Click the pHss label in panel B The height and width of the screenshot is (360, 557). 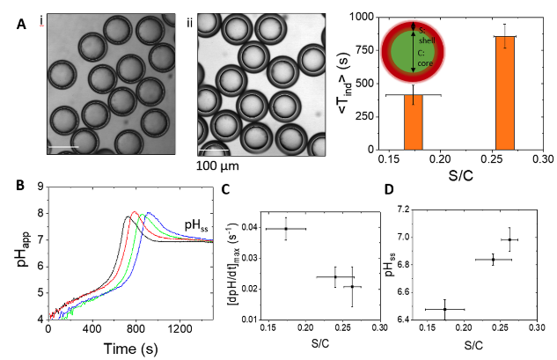pyautogui.click(x=194, y=224)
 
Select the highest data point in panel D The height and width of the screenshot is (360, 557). pyautogui.click(x=509, y=239)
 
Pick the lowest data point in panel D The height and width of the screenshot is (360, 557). pyautogui.click(x=445, y=309)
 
